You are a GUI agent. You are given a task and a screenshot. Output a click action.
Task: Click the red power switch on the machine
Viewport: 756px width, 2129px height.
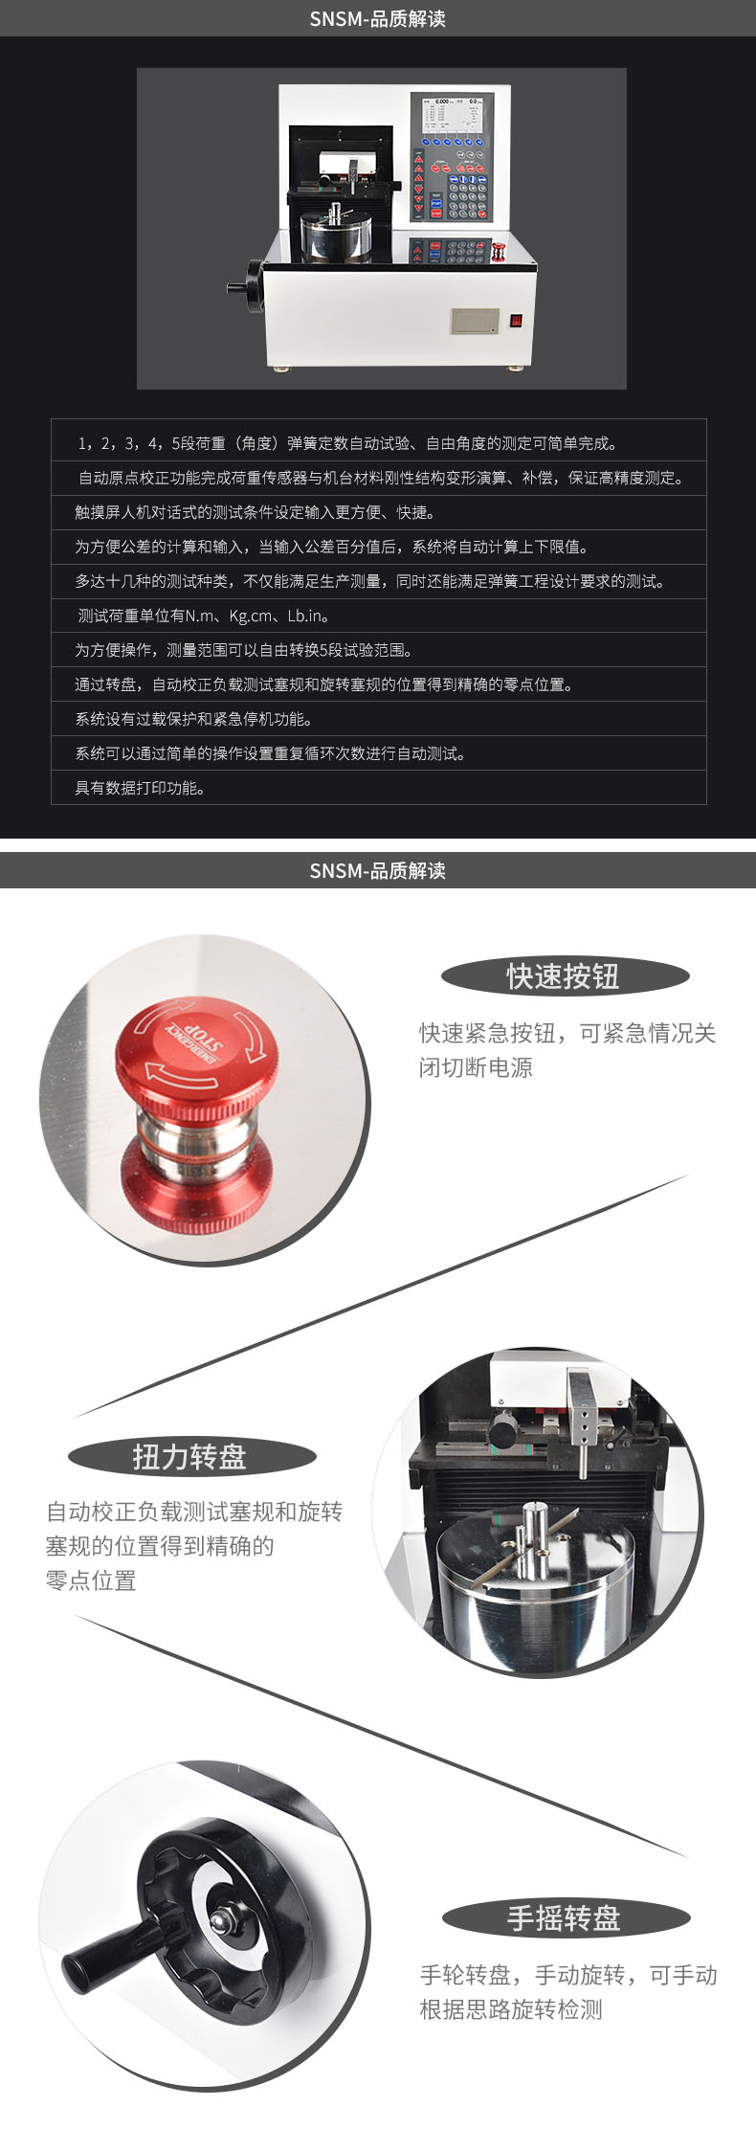click(515, 322)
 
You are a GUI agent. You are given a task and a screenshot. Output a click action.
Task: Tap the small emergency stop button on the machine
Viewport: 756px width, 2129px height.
click(498, 252)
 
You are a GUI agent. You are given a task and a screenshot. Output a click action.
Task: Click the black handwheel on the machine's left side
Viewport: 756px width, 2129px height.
click(251, 285)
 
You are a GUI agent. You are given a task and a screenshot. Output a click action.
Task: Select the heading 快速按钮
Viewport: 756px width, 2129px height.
click(564, 976)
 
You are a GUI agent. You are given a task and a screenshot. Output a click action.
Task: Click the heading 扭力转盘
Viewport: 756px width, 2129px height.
click(189, 1457)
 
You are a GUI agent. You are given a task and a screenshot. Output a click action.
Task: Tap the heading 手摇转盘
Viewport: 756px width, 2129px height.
click(564, 1917)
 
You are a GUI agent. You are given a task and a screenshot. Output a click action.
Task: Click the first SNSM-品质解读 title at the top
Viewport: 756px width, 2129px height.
click(378, 19)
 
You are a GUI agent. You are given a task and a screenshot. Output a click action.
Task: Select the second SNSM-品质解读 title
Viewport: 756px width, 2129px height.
click(378, 870)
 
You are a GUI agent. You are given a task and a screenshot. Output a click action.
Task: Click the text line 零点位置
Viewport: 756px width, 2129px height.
click(91, 1580)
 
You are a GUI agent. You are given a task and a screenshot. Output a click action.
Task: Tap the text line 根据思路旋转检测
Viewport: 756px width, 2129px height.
click(511, 2009)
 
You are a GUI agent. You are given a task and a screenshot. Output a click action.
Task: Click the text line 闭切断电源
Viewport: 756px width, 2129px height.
click(476, 1067)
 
